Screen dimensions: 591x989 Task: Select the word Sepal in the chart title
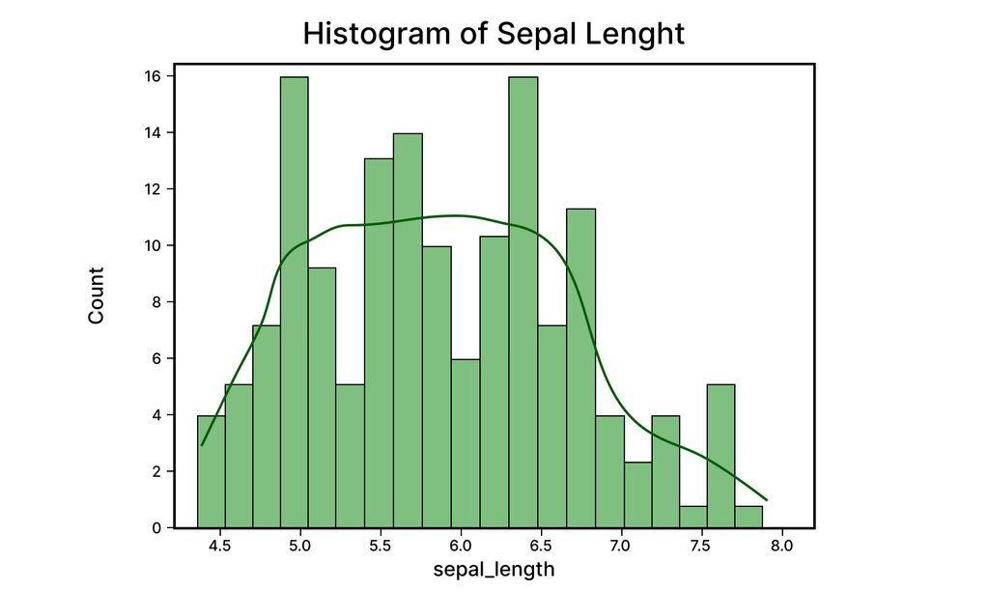click(530, 33)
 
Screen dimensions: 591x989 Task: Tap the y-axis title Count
click(97, 295)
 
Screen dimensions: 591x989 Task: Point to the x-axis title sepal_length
click(494, 570)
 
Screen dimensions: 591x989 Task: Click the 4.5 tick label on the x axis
click(221, 546)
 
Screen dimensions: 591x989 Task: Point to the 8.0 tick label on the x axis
click(782, 546)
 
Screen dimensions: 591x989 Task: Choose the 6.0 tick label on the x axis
click(462, 546)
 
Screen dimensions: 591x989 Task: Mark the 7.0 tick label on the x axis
click(622, 546)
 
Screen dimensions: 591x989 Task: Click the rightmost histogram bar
click(749, 517)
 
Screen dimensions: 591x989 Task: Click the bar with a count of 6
click(466, 443)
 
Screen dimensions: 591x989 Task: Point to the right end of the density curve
click(766, 499)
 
